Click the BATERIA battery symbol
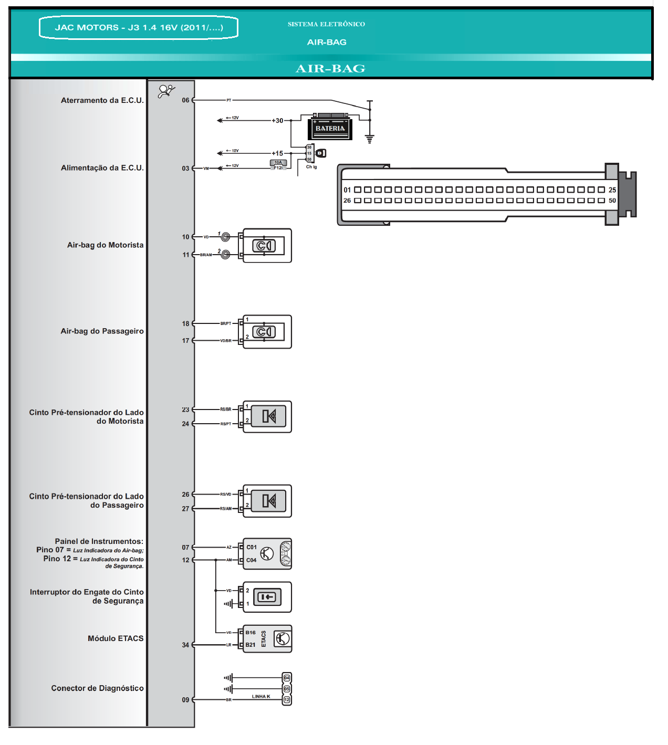[x=330, y=127]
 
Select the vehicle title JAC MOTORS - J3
[x=139, y=27]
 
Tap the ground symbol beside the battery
[x=370, y=139]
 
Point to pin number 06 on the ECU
[x=185, y=100]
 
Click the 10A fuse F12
[x=278, y=165]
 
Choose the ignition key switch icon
[x=321, y=153]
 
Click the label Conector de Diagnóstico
[x=97, y=688]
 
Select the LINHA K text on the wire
[x=261, y=697]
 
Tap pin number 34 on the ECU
[x=185, y=645]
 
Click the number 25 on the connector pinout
[x=612, y=190]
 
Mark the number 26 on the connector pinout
[x=347, y=201]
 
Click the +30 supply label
[x=277, y=121]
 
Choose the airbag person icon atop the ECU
[x=166, y=91]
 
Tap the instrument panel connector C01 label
[x=252, y=547]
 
